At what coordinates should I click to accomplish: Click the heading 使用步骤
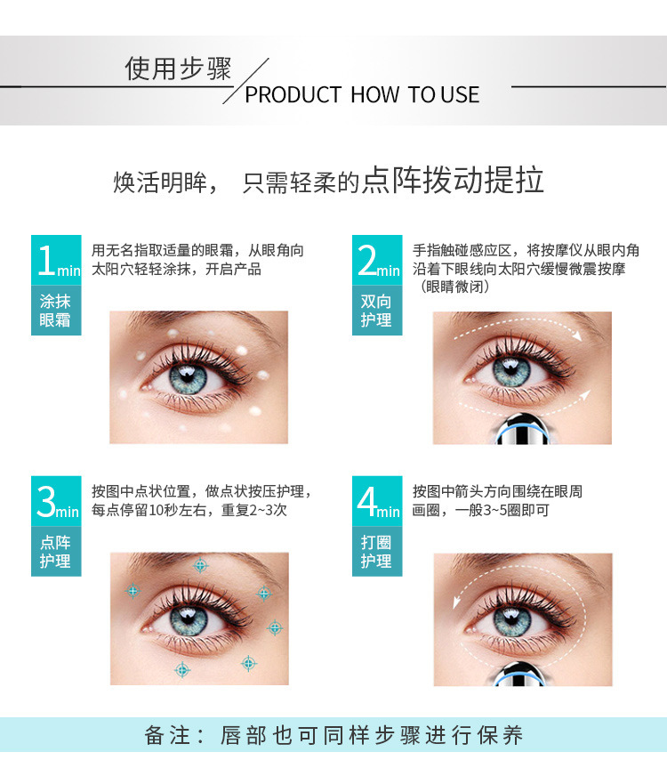tap(178, 69)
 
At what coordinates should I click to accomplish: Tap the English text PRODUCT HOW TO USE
tap(362, 94)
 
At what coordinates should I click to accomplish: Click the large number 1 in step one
tap(47, 260)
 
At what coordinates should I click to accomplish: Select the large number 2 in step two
tap(367, 260)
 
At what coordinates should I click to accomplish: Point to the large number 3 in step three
tap(46, 501)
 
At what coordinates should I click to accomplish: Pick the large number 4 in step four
tap(367, 501)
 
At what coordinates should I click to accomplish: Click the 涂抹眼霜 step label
tap(55, 311)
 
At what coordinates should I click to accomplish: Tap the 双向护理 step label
tap(376, 311)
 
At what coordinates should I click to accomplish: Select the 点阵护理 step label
tap(55, 552)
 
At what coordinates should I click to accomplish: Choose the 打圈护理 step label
tap(376, 552)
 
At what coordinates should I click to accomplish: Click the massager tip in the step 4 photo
tap(519, 674)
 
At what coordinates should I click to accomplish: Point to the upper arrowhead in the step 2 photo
tap(577, 335)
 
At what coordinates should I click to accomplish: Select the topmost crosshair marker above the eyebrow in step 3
tap(200, 565)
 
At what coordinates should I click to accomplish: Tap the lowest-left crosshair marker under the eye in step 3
tap(182, 669)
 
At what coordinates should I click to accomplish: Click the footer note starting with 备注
tap(333, 735)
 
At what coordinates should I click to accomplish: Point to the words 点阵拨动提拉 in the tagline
tap(453, 180)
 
